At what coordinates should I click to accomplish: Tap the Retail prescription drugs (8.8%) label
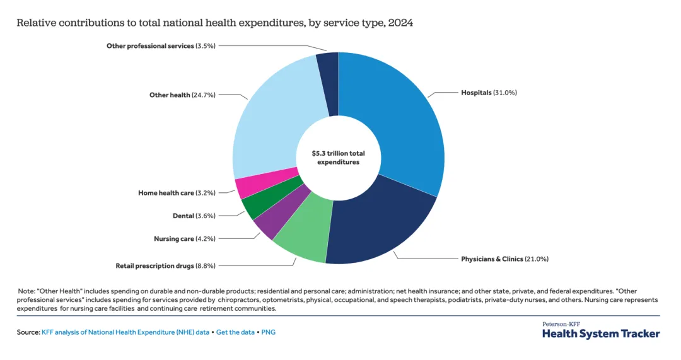coord(165,265)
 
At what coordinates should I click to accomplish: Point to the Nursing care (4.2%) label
coord(184,239)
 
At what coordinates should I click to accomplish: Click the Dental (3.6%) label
coord(194,216)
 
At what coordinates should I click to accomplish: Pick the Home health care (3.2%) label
coord(177,193)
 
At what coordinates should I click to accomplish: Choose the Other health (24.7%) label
coord(182,95)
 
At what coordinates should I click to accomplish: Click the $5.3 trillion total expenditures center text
coord(338,158)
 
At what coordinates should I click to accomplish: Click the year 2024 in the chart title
coord(400,23)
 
